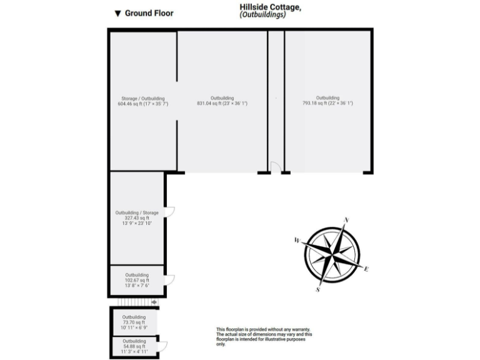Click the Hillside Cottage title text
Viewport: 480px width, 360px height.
tap(271, 7)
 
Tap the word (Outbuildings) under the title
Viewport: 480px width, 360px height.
tap(262, 15)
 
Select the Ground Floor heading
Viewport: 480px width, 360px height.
tap(149, 12)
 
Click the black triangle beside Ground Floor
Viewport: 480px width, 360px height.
tap(117, 13)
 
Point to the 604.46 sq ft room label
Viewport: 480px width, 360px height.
tap(143, 104)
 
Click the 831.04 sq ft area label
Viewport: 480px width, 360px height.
tap(222, 104)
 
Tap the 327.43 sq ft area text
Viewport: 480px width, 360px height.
tap(137, 217)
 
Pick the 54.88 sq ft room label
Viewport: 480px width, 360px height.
tap(134, 346)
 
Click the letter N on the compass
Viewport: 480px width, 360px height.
tap(346, 220)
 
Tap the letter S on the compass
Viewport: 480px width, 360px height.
tap(318, 289)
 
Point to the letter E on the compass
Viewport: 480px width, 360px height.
tap(366, 269)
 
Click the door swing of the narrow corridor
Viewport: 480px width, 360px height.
tap(275, 166)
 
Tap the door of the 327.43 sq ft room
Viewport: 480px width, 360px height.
tap(169, 211)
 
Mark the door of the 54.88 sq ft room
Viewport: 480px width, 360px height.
tap(163, 346)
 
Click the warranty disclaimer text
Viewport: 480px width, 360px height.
tap(264, 336)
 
